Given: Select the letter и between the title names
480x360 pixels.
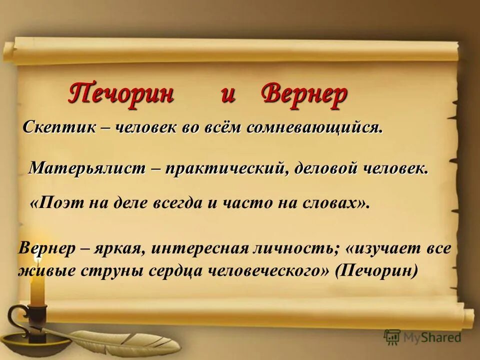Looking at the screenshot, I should click(x=228, y=95).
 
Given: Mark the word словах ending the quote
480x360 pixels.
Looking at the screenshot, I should click(x=334, y=202).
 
